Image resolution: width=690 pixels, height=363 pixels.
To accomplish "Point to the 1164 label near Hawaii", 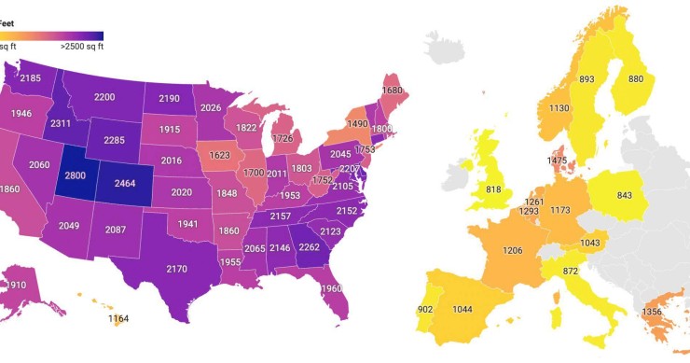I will click(118, 320).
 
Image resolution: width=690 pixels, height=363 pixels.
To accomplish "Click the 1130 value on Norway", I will click(559, 108).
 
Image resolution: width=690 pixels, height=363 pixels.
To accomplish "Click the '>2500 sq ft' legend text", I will click(82, 46).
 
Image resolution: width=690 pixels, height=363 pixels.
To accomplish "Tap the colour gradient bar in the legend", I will click(51, 35).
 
